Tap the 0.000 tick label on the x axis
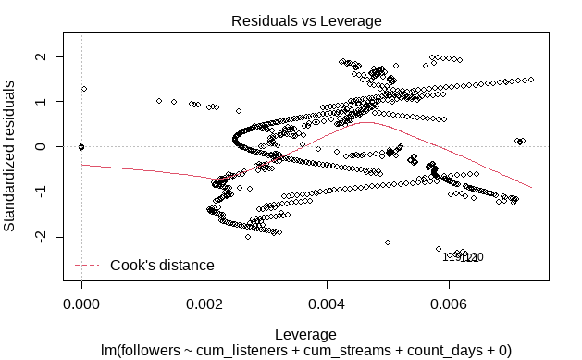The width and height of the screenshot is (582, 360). pos(81,302)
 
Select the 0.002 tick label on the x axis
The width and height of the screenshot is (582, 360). pos(204,302)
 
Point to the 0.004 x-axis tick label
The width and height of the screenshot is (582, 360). pos(328,302)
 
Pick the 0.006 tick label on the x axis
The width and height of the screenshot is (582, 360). pos(450,302)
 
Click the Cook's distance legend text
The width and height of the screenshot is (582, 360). pos(162,266)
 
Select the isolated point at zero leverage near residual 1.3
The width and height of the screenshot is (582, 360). pos(84,89)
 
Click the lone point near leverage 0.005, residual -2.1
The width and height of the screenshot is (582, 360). pos(388,242)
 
